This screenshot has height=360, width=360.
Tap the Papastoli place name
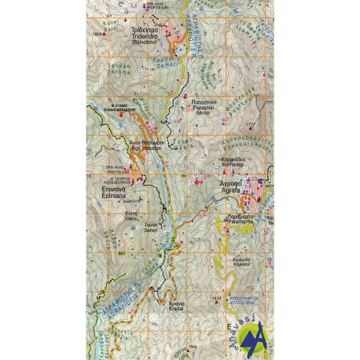click(204, 105)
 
